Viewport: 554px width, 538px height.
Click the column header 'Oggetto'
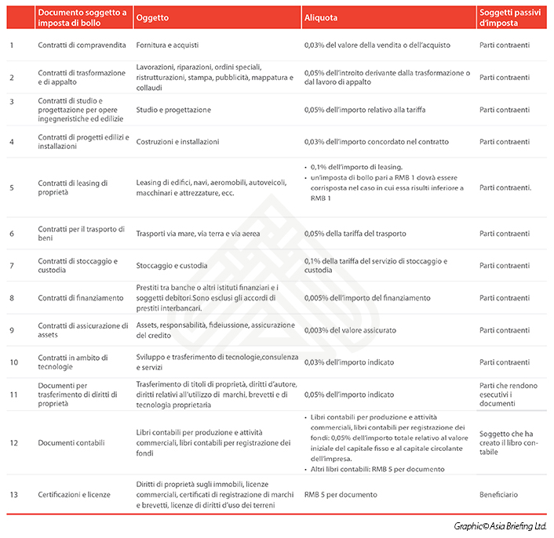(x=152, y=16)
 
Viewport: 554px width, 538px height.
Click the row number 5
(x=12, y=188)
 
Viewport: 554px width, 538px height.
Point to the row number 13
(x=13, y=495)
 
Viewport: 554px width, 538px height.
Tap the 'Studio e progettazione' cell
(x=173, y=110)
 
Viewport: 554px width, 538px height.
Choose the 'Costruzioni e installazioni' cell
(x=177, y=142)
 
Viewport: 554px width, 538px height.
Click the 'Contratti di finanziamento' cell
(x=81, y=298)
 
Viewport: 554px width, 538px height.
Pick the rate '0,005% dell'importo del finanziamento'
(x=367, y=298)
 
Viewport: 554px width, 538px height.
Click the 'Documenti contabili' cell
(x=71, y=443)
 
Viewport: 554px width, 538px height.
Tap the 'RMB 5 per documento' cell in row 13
(x=340, y=495)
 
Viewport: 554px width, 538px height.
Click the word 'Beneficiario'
(x=499, y=495)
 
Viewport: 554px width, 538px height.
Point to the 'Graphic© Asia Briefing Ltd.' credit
(x=500, y=526)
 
